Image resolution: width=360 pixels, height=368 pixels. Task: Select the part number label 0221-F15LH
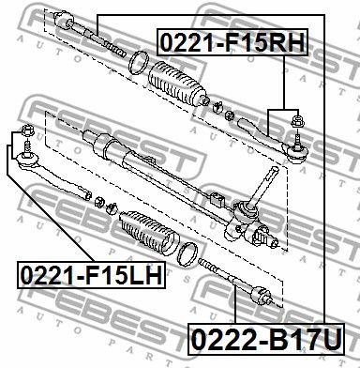point(92,275)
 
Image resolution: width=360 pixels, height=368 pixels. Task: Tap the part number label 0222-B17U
point(266,340)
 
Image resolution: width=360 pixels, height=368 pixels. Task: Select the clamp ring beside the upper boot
point(138,63)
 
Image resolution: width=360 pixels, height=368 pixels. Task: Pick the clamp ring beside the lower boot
point(187,254)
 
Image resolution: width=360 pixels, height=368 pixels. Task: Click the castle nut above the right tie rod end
point(297,120)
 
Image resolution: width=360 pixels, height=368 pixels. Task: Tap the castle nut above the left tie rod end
point(27,130)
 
